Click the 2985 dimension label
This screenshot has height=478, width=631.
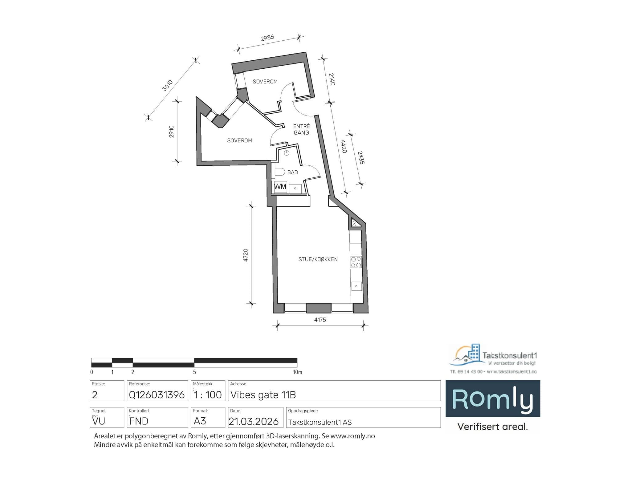click(267, 38)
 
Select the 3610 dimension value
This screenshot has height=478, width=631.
click(168, 85)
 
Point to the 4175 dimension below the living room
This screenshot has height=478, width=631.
click(320, 320)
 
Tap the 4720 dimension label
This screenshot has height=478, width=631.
click(246, 255)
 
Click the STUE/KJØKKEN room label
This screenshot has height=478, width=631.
click(318, 259)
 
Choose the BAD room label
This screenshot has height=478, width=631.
click(292, 172)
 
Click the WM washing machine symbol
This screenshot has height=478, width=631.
click(280, 186)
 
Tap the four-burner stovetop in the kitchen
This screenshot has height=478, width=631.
click(356, 262)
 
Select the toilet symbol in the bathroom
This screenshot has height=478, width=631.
click(279, 172)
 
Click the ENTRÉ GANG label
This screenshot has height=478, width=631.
click(301, 129)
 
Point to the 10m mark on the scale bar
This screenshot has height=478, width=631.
click(297, 372)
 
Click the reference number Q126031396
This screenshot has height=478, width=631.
click(157, 395)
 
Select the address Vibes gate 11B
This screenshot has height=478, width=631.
click(263, 395)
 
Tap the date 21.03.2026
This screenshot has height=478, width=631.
click(254, 421)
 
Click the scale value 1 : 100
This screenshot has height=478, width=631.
click(208, 395)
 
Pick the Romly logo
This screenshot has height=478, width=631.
click(492, 399)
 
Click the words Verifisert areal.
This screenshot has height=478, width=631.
click(492, 427)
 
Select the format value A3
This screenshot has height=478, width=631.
click(200, 421)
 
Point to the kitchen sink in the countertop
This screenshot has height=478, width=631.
click(356, 286)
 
